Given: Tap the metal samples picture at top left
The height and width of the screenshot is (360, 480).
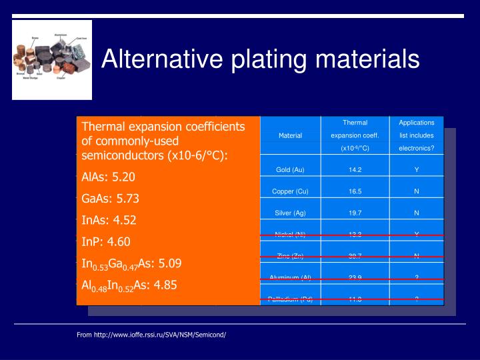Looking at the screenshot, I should tap(52, 60).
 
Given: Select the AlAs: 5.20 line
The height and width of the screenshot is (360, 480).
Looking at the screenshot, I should tap(108, 177).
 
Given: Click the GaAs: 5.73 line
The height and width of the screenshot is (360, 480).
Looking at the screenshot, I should tap(110, 199).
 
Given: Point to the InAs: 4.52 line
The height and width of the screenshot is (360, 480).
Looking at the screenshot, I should tap(108, 220).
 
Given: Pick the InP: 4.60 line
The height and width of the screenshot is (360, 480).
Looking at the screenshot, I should tap(105, 241).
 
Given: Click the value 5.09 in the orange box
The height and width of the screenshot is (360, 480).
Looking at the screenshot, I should tap(168, 263).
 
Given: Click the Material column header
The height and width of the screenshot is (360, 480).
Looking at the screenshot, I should tap(290, 135).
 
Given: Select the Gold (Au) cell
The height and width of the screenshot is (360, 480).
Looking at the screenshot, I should tap(290, 169).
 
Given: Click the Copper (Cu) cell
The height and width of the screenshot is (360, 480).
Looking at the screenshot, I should tap(290, 191).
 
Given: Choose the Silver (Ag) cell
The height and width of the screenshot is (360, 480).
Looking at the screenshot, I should tap(290, 213).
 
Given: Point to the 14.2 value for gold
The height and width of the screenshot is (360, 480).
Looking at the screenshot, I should tap(355, 169).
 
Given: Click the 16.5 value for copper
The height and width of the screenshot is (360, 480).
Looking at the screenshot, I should tap(355, 191).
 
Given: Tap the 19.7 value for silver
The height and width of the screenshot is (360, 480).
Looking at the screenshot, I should tap(355, 213).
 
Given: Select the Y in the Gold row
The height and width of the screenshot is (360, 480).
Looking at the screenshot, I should tap(416, 169).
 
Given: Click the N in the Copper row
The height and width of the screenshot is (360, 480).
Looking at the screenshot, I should tap(416, 191).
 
